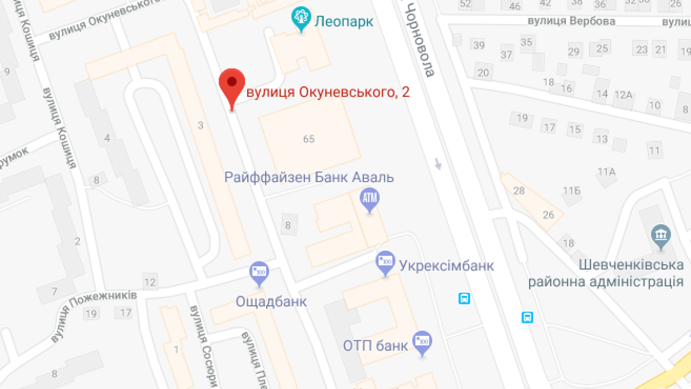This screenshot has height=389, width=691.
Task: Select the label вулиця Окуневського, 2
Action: (328, 92)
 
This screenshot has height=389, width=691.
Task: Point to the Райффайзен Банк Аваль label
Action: (309, 177)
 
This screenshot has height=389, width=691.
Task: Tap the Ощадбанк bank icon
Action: (259, 272)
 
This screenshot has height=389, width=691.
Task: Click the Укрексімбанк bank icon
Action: (385, 262)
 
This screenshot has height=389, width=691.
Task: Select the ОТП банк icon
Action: (422, 342)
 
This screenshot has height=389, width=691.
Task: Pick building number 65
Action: (309, 139)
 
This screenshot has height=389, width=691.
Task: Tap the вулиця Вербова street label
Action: (571, 21)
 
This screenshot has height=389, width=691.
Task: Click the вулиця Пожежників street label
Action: (94, 315)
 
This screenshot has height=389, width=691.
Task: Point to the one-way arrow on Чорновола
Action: (438, 163)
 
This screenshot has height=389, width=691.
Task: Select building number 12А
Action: (623, 95)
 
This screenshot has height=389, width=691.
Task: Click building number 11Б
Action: (572, 191)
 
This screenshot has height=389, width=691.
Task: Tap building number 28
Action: (519, 190)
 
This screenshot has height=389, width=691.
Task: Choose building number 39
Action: (479, 45)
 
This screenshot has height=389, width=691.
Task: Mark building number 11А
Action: (606, 172)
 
